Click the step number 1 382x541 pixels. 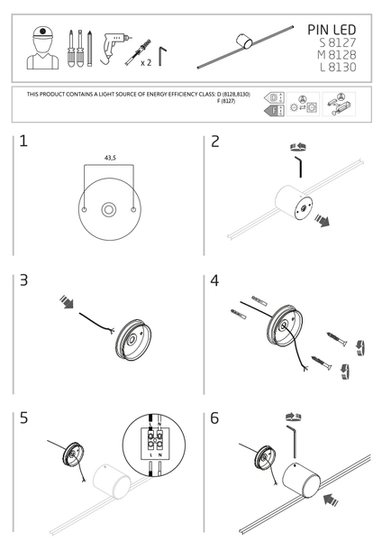coord(23,142)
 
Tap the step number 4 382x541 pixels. coord(214,280)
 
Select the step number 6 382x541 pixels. coord(214,418)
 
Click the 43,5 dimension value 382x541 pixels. coord(109,157)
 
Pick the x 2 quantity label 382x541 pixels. coord(145,64)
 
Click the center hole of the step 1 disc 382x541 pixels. coord(108,210)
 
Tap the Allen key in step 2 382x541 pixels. coord(298,167)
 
